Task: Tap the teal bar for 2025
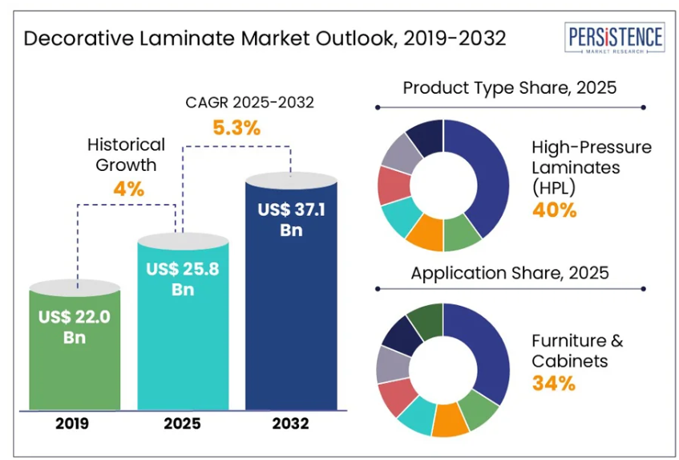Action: point(184,337)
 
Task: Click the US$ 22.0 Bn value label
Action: point(75,326)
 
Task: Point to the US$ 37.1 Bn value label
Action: point(291,219)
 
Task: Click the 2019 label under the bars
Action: point(75,423)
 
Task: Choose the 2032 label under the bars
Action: point(291,423)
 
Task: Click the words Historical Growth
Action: point(126,155)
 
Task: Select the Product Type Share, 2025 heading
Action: point(510,88)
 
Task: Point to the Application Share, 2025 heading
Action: point(510,273)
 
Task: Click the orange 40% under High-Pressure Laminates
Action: point(554,210)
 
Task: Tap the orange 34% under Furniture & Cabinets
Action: point(554,383)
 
